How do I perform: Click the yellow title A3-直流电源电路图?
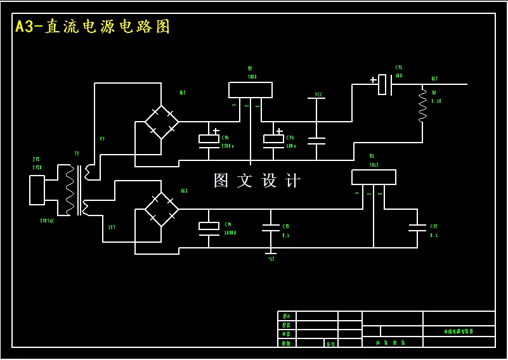[x=93, y=27]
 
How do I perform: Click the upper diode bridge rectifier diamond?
[x=161, y=122]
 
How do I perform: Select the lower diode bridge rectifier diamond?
[x=161, y=207]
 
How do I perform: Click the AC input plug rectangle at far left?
[x=37, y=190]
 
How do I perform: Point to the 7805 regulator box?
[x=251, y=90]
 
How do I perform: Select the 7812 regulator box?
[x=374, y=177]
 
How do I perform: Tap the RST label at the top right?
[x=434, y=79]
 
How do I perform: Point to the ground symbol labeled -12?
[x=271, y=254]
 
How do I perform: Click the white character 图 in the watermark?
[x=221, y=181]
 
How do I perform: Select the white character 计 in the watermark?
[x=293, y=181]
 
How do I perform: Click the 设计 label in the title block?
[x=286, y=316]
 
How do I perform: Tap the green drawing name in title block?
[x=459, y=331]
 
